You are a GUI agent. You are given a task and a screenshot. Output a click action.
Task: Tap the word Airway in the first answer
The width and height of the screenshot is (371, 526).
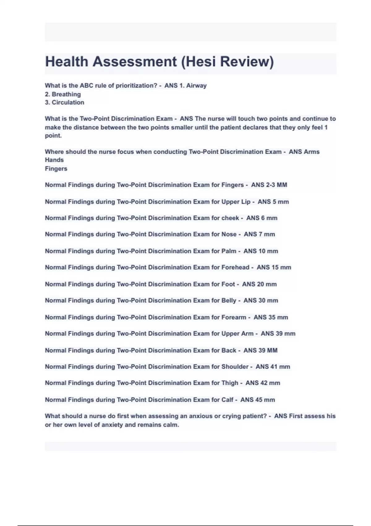[x=196, y=86]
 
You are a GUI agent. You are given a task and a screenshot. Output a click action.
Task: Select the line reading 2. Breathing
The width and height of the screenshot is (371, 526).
[x=63, y=94]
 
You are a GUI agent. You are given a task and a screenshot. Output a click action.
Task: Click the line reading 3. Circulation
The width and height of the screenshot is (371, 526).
[x=64, y=102]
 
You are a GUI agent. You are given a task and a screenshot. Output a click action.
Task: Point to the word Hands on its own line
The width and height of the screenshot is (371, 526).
[x=54, y=160]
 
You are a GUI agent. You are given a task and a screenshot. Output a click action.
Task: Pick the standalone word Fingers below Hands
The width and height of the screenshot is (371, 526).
[x=56, y=169]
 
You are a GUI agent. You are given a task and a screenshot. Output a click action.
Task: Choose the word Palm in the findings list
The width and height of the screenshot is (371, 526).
[x=229, y=251]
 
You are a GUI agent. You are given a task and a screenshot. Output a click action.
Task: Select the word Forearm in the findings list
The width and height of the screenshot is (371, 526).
[x=234, y=317]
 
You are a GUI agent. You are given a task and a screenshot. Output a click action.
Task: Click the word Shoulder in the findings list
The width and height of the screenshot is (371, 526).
[x=235, y=367]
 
